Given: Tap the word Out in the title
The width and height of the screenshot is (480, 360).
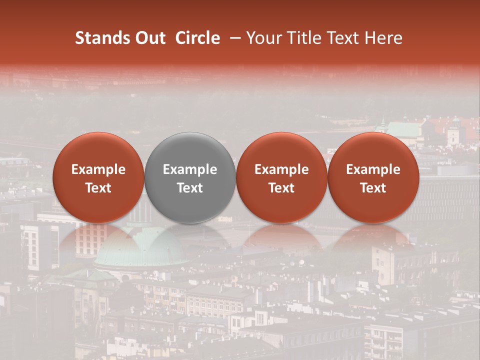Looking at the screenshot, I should pos(149,38).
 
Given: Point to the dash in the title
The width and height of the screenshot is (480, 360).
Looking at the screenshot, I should pos(233,38).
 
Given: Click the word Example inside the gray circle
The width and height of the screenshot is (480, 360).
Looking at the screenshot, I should pos(190,169).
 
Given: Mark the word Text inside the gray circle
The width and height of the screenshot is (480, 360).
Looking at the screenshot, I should pos(190,188).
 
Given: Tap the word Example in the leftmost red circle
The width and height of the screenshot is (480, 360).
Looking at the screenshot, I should pos(98,169).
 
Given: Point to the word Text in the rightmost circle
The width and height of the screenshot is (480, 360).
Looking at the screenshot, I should pos(373,188).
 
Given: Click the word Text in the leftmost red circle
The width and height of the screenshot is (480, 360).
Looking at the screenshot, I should pos(98,188).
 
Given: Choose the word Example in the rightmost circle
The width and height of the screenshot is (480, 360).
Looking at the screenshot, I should pos(373,169).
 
